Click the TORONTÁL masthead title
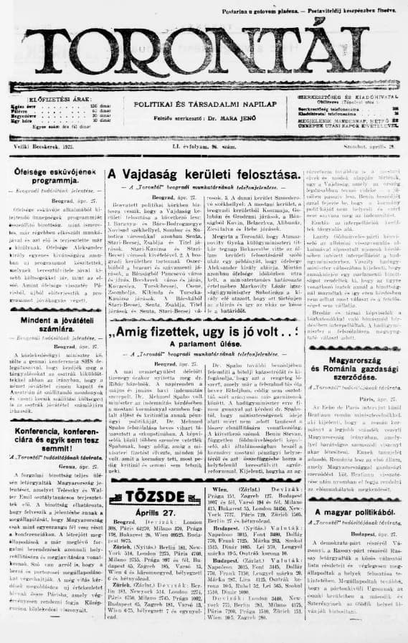204,52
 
